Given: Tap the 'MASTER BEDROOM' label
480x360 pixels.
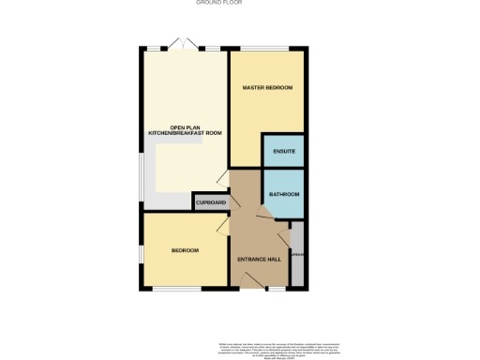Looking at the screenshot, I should (x=267, y=88).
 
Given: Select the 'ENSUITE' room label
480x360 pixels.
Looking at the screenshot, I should (x=284, y=151).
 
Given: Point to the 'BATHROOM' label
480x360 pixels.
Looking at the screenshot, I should (x=284, y=194).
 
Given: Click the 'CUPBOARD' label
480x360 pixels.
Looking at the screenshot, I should (x=211, y=202).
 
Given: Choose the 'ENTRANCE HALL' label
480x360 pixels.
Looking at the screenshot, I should (x=260, y=260).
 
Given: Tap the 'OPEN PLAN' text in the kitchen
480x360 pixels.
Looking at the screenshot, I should (x=185, y=127).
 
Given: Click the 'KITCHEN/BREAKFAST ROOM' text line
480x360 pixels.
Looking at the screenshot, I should (x=185, y=134).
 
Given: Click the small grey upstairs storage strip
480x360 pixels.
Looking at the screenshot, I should (x=297, y=254).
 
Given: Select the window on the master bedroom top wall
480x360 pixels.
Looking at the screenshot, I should (x=267, y=49).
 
